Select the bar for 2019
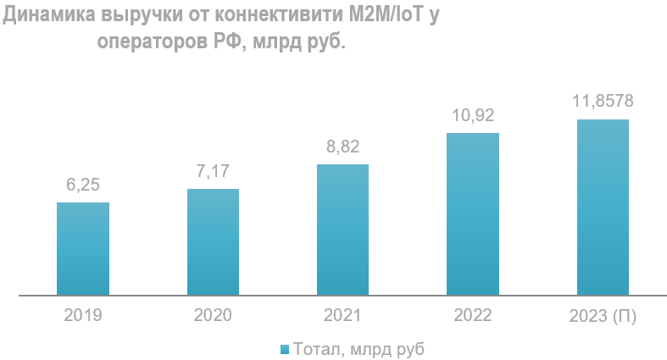point(83,249)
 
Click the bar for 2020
point(213,242)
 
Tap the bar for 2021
point(342,230)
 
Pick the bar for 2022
point(473,214)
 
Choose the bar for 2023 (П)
point(603,208)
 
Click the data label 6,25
point(83,185)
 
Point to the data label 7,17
point(213,171)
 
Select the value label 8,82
point(342,147)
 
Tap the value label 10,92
point(473,115)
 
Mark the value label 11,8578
point(603,102)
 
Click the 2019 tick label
point(83,316)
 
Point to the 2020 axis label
point(213,316)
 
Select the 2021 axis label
point(342,316)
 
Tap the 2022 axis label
point(473,316)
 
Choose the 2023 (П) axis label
point(603,316)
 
